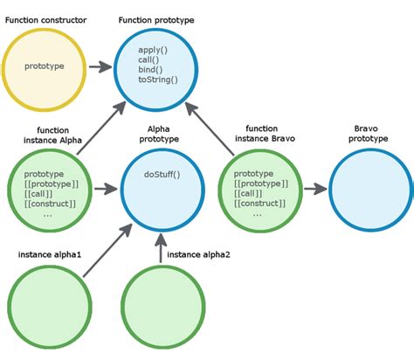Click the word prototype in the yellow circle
tap(44, 66)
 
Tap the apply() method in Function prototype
tap(154, 51)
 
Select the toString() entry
tap(158, 80)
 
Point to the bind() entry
tap(151, 70)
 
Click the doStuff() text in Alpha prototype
tap(162, 174)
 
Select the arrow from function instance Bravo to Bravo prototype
tap(310, 188)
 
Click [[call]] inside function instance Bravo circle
tap(253, 193)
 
